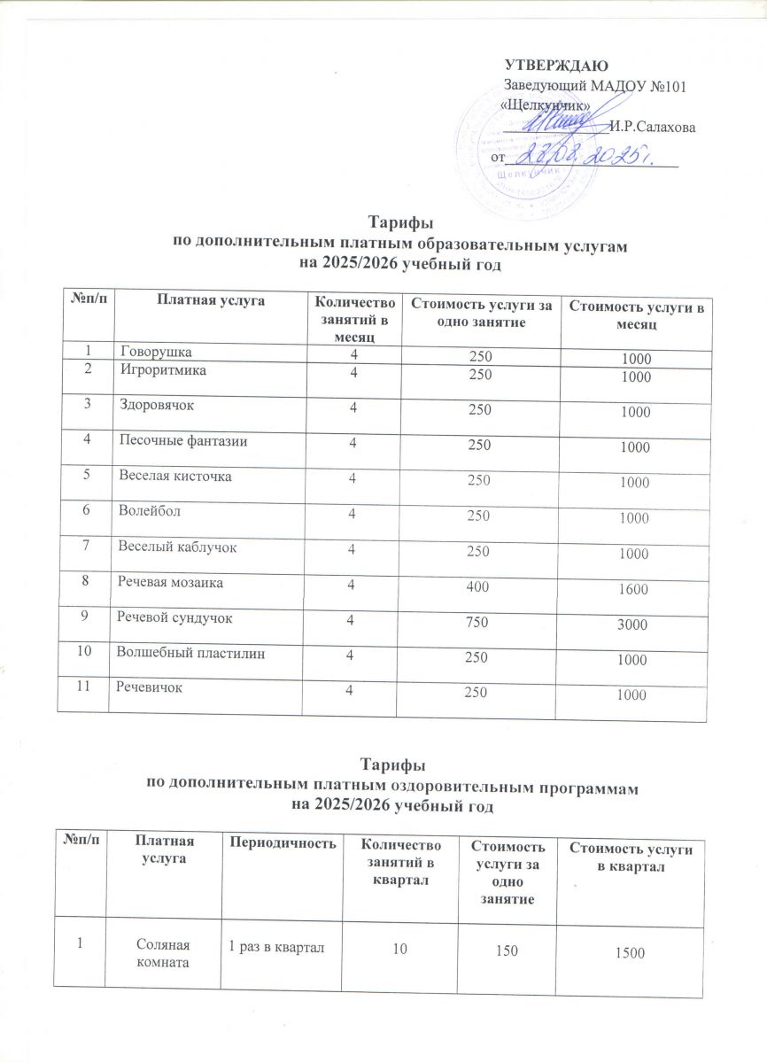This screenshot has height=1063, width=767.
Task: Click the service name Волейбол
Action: [x=148, y=511]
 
